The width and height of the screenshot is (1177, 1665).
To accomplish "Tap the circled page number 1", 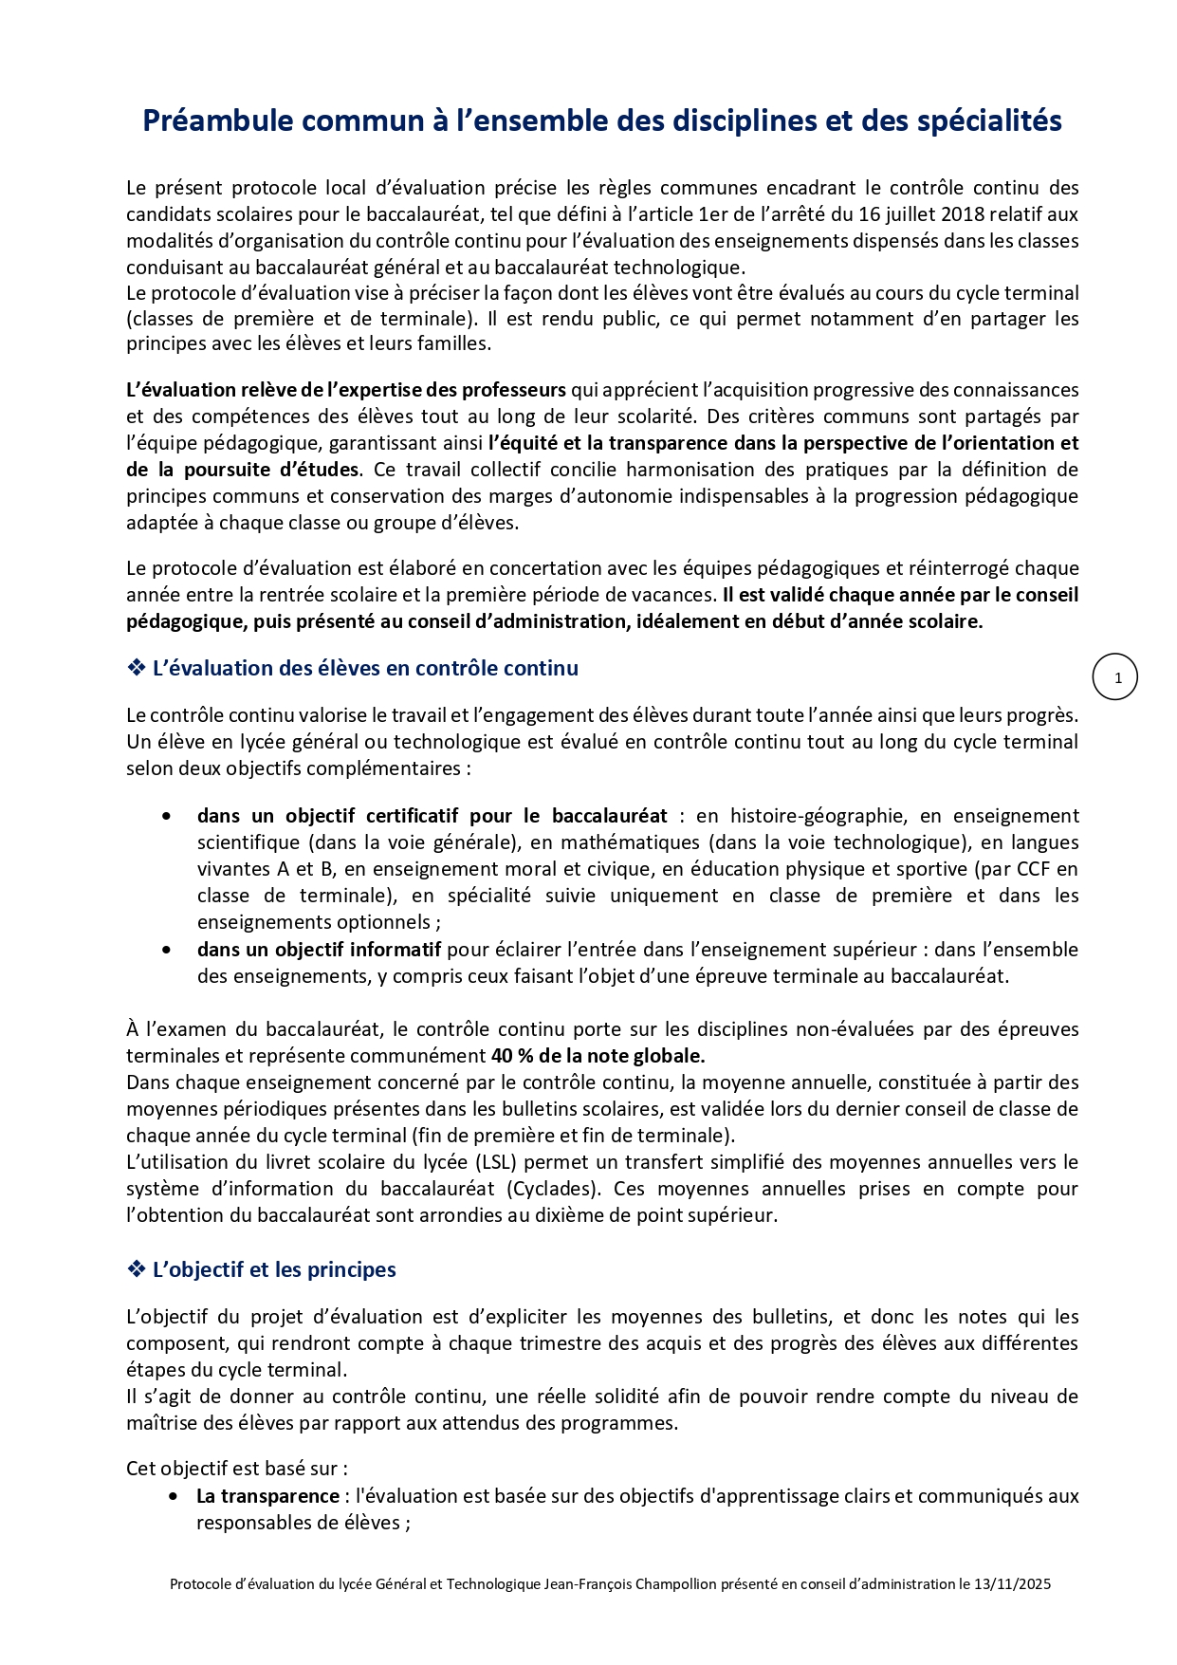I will tap(1115, 677).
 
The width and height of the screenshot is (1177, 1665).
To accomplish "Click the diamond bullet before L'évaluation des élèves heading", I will tap(136, 668).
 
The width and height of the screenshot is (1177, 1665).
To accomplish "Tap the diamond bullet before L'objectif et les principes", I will tap(136, 1269).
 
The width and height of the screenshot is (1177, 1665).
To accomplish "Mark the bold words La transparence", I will tap(267, 1496).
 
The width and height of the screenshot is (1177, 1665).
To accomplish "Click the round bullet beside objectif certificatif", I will tap(168, 816).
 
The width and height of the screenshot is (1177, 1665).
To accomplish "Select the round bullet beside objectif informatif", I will tap(168, 950).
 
